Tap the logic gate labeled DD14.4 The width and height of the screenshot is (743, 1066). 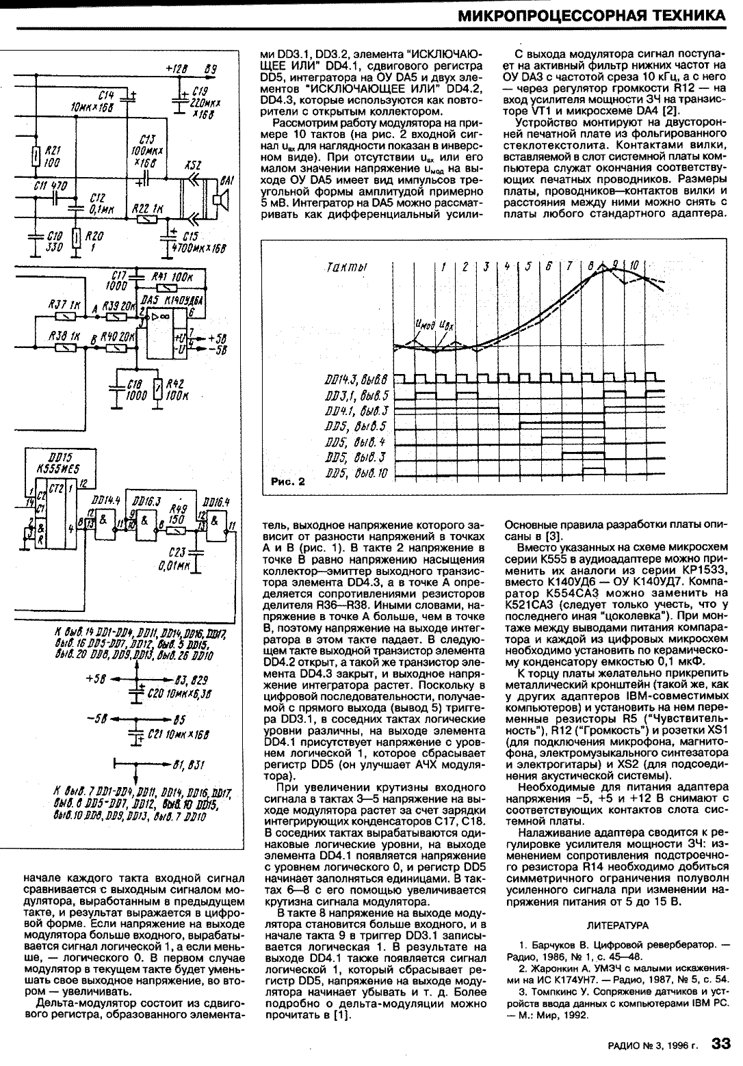click(x=101, y=520)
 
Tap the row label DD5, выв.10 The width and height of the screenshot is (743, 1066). click(x=358, y=474)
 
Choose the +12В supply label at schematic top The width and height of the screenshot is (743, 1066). click(x=177, y=69)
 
